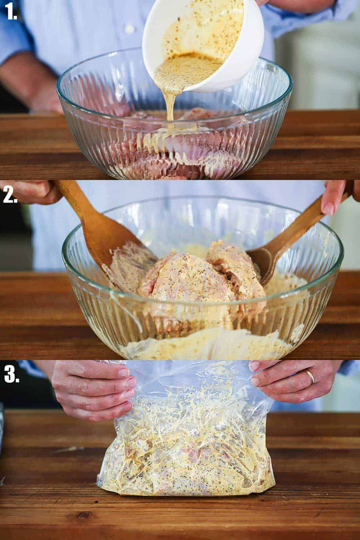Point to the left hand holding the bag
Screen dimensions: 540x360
[x=94, y=392]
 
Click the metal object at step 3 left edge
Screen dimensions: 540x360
[x=1, y=432]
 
